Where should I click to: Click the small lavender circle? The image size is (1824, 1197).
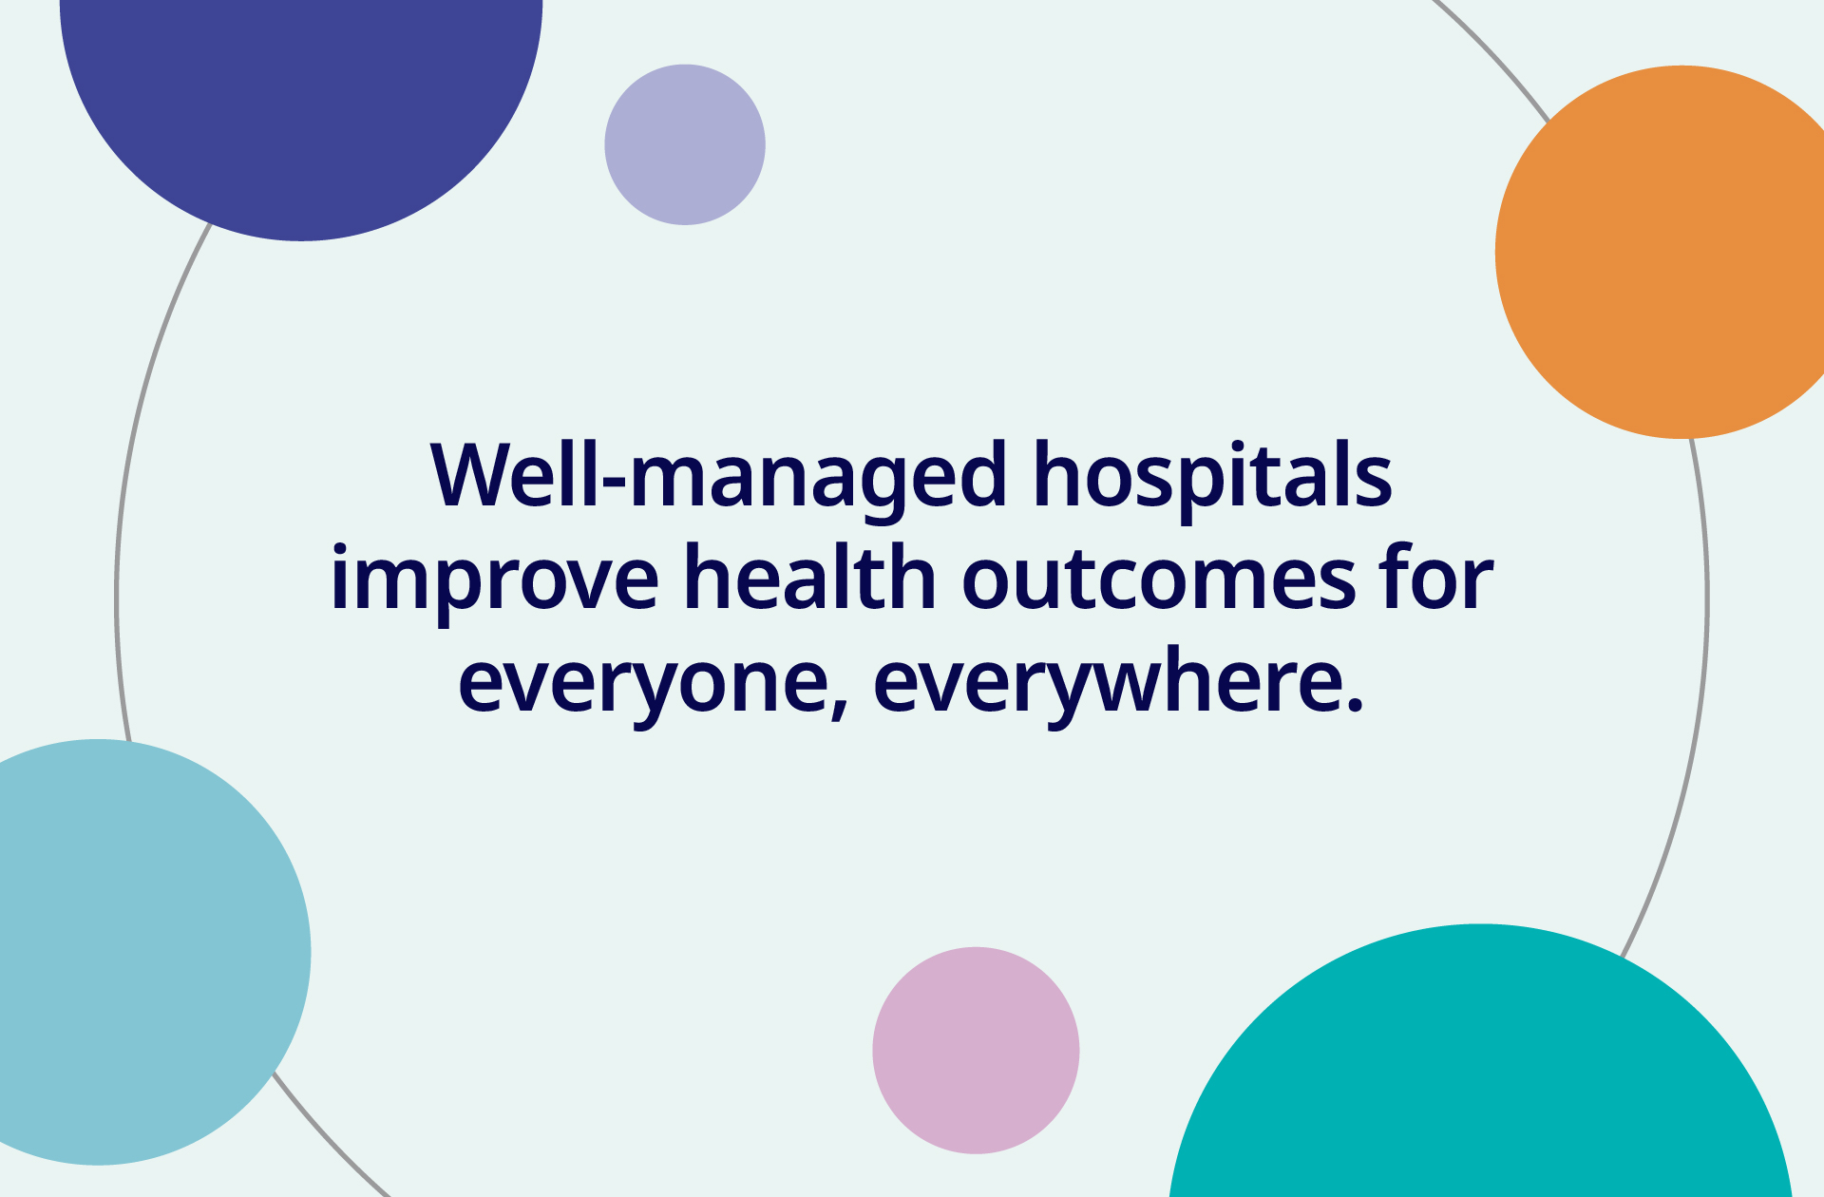(685, 144)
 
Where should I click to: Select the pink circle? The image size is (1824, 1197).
(976, 1050)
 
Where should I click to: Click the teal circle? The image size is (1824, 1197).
(1480, 1073)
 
